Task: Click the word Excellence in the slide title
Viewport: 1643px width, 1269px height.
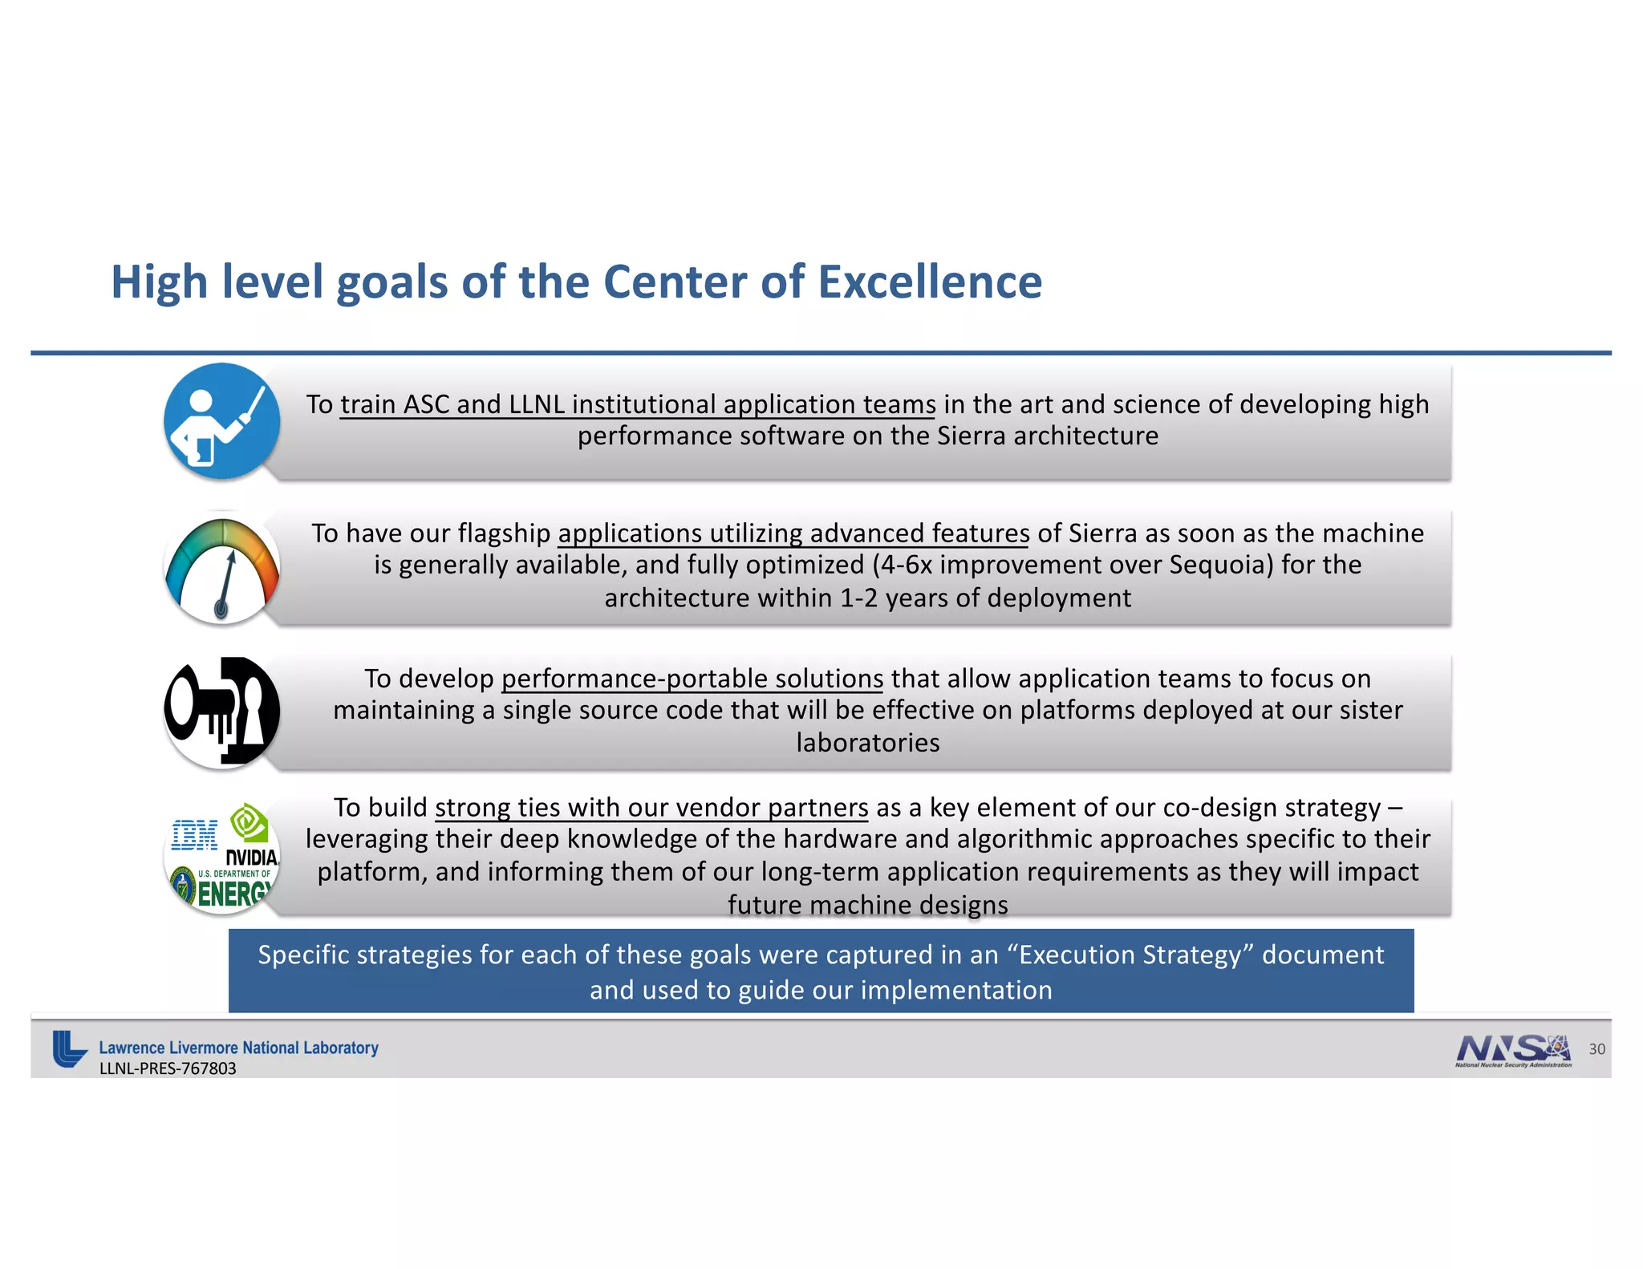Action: pyautogui.click(x=930, y=282)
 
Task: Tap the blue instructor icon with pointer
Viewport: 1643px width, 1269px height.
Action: pyautogui.click(x=221, y=421)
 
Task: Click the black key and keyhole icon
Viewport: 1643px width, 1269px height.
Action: pyautogui.click(x=222, y=712)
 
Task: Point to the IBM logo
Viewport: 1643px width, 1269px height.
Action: pyautogui.click(x=194, y=835)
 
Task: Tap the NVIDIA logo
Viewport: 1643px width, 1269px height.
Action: pyautogui.click(x=251, y=857)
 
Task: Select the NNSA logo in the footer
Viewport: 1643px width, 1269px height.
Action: pyautogui.click(x=1513, y=1050)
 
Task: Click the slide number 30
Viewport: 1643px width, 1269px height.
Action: pyautogui.click(x=1596, y=1049)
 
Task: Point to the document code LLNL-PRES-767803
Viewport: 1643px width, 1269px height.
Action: pyautogui.click(x=168, y=1068)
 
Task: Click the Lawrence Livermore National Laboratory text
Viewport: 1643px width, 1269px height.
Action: pyautogui.click(x=238, y=1048)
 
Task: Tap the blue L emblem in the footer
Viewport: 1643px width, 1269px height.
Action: pyautogui.click(x=69, y=1049)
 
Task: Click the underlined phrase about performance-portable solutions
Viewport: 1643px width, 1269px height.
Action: pyautogui.click(x=692, y=679)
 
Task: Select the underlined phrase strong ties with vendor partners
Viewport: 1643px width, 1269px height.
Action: pyautogui.click(x=651, y=807)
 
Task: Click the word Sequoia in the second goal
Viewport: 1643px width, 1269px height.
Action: pyautogui.click(x=1220, y=565)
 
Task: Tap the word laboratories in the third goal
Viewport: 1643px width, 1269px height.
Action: pyautogui.click(x=867, y=743)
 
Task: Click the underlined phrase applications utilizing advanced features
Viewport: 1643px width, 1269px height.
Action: pyautogui.click(x=793, y=533)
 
